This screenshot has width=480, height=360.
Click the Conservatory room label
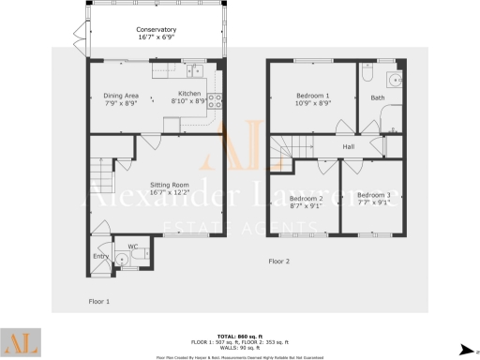coord(156,31)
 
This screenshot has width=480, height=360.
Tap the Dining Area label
coord(120,95)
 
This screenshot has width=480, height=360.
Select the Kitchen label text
coord(190,94)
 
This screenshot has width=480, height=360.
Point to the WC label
coord(132,247)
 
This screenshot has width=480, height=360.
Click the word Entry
coord(101,256)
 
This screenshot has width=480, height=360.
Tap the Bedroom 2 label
coord(306,199)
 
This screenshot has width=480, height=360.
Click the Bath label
coord(378,97)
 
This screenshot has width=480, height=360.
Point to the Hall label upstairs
coord(348,146)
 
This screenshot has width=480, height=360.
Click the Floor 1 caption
coord(99,302)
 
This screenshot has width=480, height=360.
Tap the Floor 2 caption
coord(279,261)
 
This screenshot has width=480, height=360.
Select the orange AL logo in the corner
coord(20,343)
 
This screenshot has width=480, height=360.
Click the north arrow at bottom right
coord(466,348)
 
